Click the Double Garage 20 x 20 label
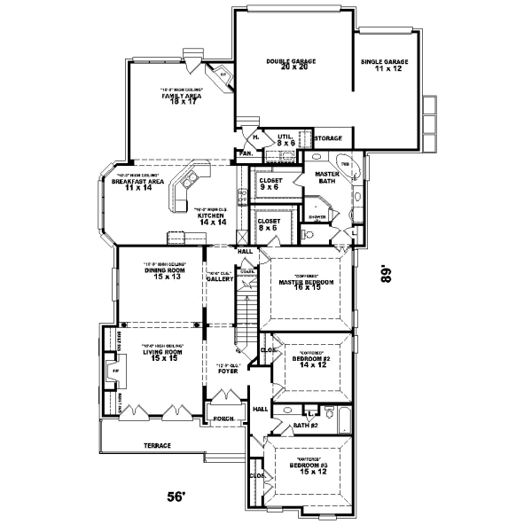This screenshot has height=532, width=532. [x=291, y=64]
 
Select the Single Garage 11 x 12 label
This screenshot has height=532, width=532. [x=384, y=65]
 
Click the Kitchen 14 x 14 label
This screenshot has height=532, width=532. [x=214, y=218]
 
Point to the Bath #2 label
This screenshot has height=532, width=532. [x=305, y=425]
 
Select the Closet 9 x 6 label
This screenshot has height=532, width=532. [x=270, y=184]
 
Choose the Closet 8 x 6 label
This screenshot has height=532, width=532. [x=269, y=224]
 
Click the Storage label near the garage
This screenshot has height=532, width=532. [x=327, y=138]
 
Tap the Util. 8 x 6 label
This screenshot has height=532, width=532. [x=286, y=139]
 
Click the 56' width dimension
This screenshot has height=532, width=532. [x=178, y=497]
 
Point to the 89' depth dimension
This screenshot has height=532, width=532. [x=386, y=272]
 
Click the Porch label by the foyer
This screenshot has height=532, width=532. [x=222, y=416]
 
